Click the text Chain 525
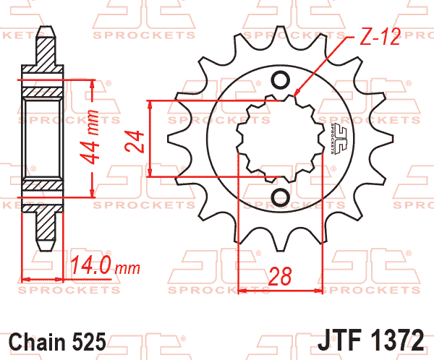[x=58, y=341]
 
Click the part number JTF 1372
[x=370, y=340]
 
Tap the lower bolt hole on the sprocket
[x=281, y=196]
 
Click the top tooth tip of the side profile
[x=45, y=30]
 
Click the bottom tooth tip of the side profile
[x=45, y=248]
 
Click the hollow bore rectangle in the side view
[x=44, y=139]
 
